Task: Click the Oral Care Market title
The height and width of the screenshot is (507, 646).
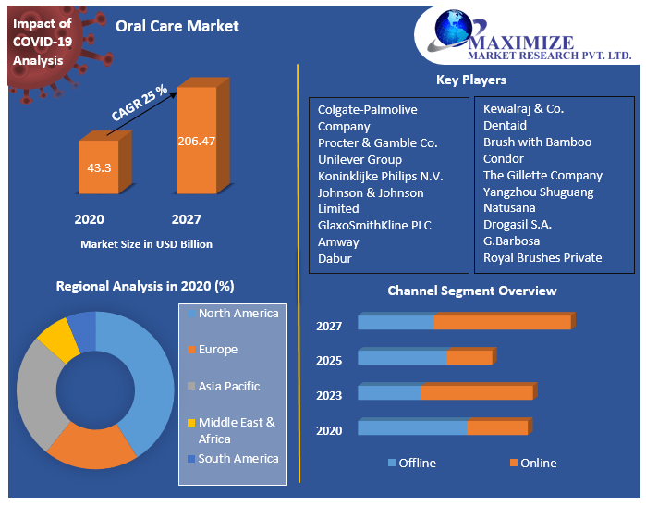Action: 177,26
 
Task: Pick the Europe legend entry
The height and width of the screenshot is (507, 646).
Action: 217,350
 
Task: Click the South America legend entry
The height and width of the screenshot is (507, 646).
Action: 238,459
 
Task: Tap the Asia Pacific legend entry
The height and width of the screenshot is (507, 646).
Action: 228,387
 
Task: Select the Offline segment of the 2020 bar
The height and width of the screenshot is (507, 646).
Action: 412,427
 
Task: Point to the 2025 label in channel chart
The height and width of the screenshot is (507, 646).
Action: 329,361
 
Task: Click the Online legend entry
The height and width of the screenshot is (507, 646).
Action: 537,463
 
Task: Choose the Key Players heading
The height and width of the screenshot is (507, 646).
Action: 470,80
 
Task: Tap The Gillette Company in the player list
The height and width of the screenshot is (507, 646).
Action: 542,175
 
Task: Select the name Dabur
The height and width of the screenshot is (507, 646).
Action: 335,258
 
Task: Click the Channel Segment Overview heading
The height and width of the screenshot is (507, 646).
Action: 471,291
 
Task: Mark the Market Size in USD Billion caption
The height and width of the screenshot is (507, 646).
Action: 146,244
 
